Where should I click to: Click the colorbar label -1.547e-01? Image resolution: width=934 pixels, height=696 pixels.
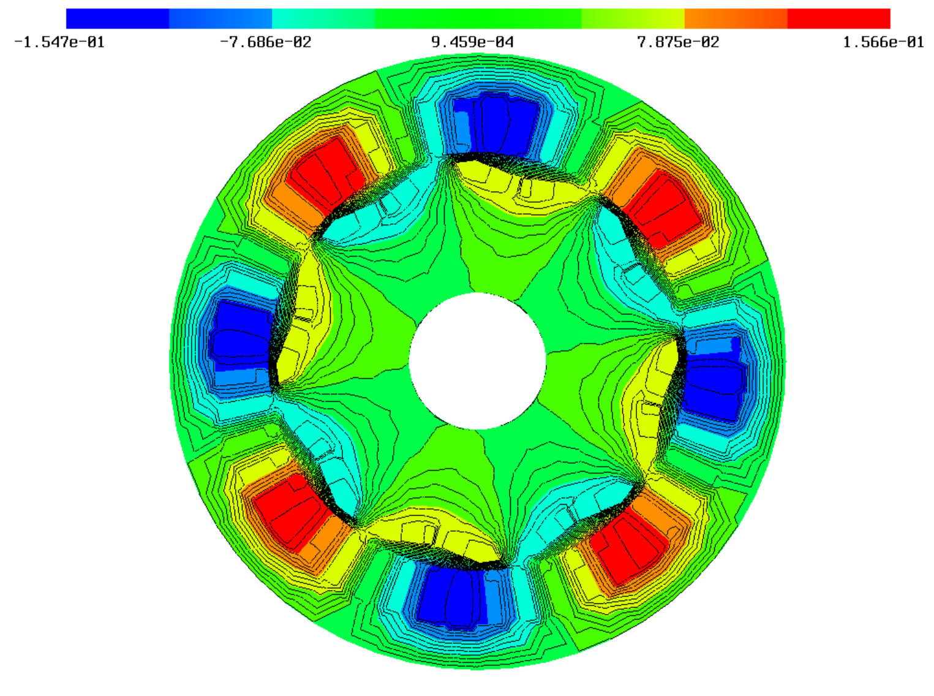pyautogui.click(x=59, y=42)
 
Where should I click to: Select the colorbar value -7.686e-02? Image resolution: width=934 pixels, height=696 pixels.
pyautogui.click(x=265, y=42)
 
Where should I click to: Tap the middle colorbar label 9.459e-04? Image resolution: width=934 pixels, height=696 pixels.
pyautogui.click(x=472, y=42)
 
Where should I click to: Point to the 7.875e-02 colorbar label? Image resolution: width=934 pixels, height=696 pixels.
pyautogui.click(x=678, y=42)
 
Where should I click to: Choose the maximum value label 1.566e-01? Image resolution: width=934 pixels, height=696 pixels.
pyautogui.click(x=883, y=42)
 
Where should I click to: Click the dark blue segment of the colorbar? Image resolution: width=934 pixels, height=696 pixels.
pyautogui.click(x=118, y=18)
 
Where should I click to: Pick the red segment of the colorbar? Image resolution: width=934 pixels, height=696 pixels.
pyautogui.click(x=839, y=18)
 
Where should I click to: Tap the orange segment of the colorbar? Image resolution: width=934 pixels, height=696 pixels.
pyautogui.click(x=736, y=18)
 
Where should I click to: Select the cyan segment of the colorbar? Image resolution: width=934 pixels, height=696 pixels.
pyautogui.click(x=323, y=18)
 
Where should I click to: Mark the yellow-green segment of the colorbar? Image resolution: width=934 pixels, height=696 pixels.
pyautogui.click(x=633, y=18)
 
